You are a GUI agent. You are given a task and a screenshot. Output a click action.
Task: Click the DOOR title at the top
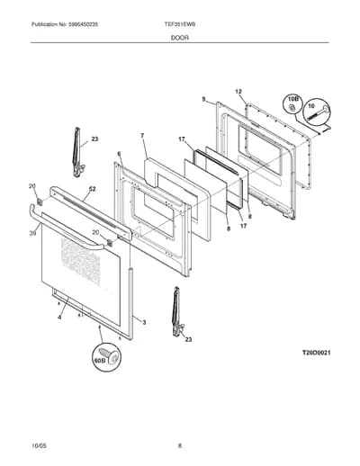[180, 38]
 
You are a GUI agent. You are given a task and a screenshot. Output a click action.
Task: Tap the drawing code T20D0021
[316, 353]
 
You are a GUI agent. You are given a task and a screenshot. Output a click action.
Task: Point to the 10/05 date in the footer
[39, 446]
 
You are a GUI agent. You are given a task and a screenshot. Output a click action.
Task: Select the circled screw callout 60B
[106, 357]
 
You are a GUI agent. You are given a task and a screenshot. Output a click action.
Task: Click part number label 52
[93, 189]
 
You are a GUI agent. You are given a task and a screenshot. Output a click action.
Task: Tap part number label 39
[32, 233]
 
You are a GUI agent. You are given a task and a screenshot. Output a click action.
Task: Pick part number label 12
[238, 92]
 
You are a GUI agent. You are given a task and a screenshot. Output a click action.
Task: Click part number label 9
[204, 99]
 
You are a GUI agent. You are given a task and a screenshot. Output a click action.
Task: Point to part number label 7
[142, 136]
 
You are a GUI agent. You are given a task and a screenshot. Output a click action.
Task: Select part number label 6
[119, 154]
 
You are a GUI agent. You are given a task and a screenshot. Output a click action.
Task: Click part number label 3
[144, 323]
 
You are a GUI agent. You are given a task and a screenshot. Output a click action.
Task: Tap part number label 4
[59, 318]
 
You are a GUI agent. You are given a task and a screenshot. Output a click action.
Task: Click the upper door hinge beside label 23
[77, 153]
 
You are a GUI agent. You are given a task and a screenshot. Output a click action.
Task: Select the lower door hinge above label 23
[177, 312]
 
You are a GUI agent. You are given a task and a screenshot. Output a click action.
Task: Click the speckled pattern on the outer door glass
[80, 259]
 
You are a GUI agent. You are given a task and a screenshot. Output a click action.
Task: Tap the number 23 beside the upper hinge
[94, 139]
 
